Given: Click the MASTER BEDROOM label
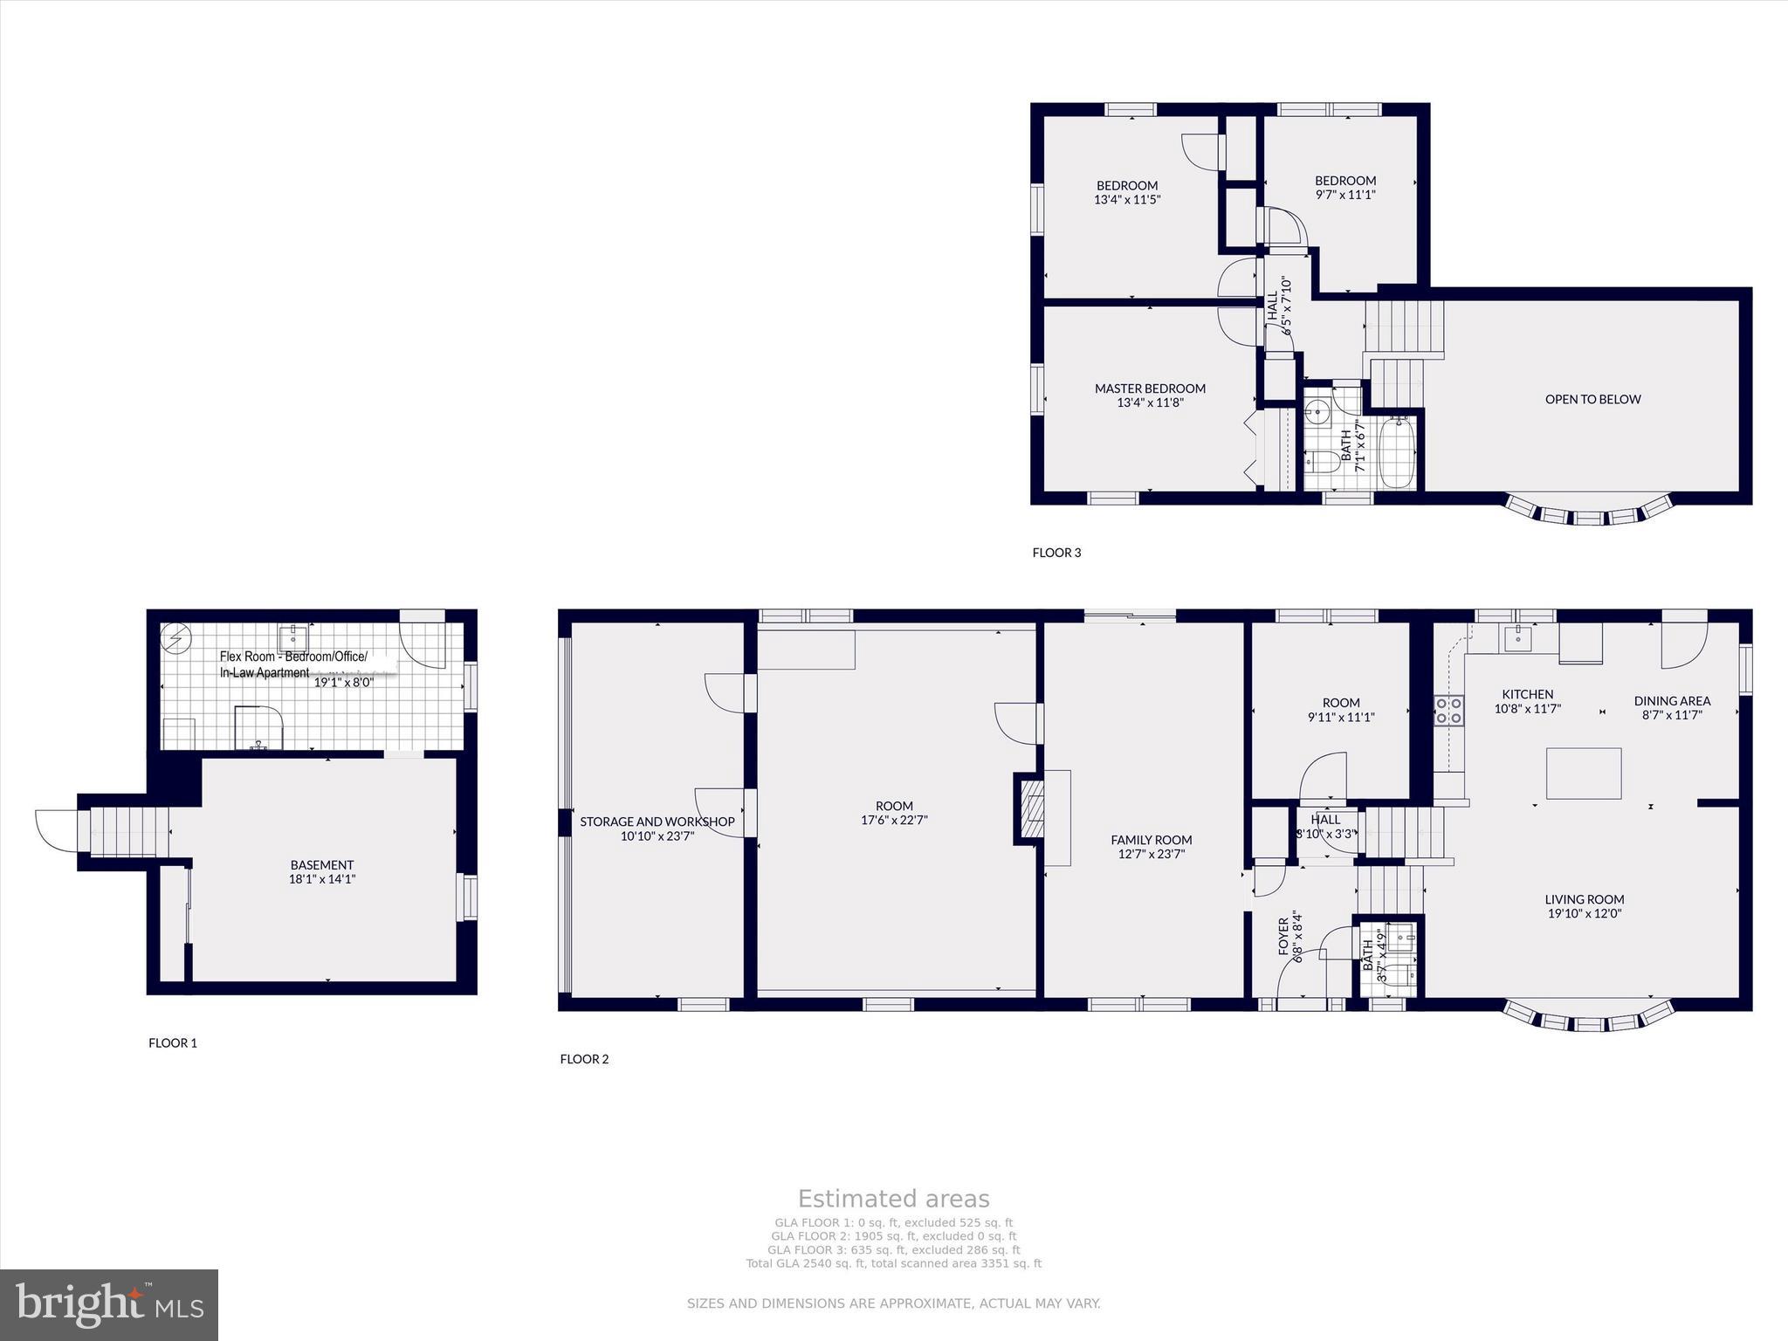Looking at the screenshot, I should (1150, 389).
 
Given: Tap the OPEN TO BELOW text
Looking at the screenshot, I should (1592, 399).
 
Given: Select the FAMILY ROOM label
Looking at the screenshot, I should (1151, 840).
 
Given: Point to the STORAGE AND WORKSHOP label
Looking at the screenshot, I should (657, 822).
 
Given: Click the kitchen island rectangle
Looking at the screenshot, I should (1584, 774).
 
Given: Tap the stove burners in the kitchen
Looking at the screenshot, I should (1449, 710).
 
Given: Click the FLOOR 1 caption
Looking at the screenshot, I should (173, 1042).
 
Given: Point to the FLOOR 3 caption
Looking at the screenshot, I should (1056, 553).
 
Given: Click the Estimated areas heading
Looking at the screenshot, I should (893, 1199).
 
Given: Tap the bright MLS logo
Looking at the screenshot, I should (109, 1304).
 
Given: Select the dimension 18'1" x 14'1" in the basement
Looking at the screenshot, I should (322, 879).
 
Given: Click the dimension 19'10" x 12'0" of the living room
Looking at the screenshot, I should (1584, 913).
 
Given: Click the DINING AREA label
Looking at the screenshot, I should (1672, 700).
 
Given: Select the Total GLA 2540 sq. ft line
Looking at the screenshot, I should (893, 1263).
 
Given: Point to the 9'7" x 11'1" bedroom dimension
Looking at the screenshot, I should (1344, 195).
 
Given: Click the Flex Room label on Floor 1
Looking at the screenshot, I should (293, 657).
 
